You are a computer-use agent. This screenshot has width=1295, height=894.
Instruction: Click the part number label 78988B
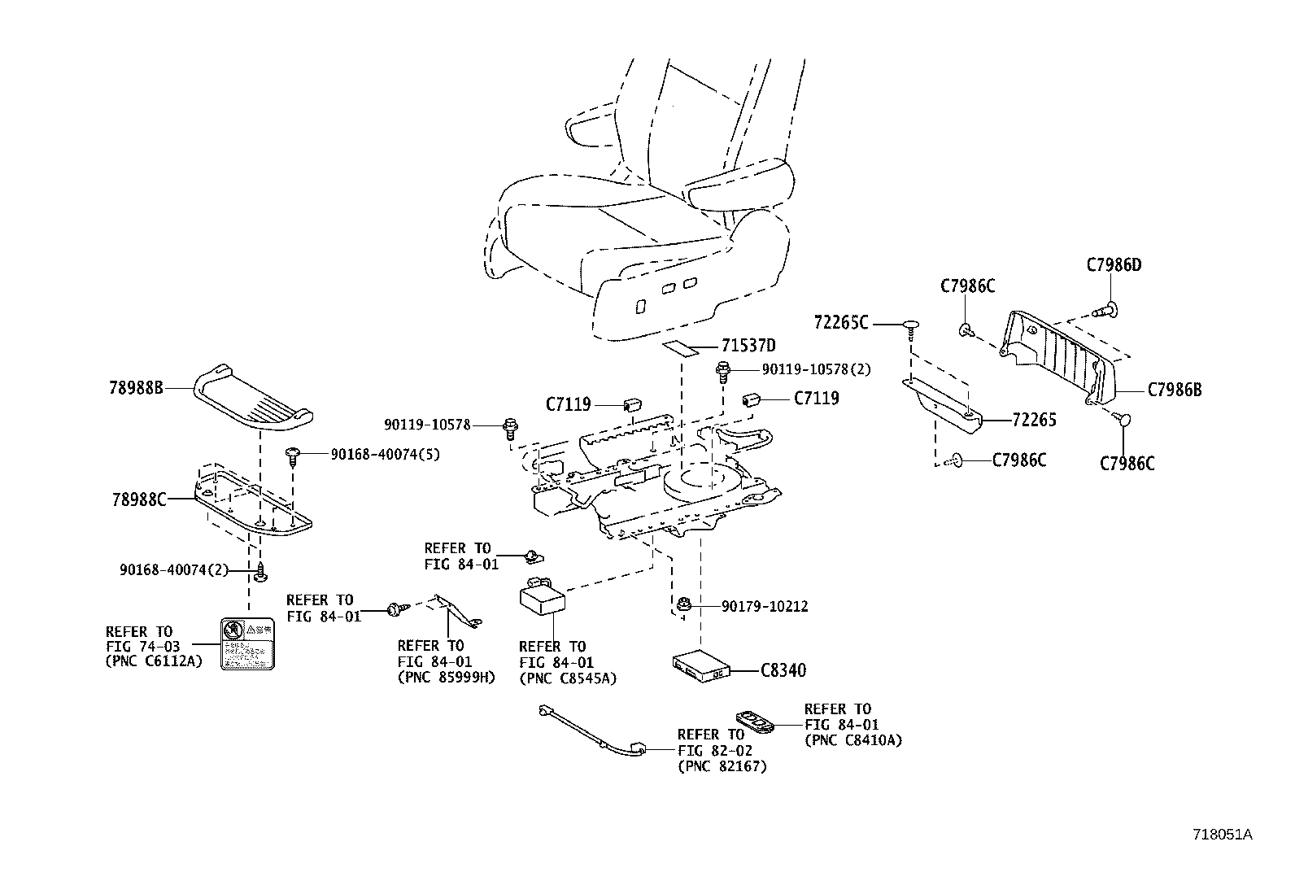coord(136,388)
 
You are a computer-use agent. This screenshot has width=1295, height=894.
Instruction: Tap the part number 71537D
coord(748,346)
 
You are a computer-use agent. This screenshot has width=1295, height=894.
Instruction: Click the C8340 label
coord(783,671)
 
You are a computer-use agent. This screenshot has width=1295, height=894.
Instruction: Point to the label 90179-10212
coord(765,606)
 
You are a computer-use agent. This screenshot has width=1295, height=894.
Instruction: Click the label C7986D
coord(1114,264)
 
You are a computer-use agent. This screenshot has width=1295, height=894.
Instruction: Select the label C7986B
coord(1174,390)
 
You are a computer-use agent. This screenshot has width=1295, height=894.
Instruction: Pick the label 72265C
coord(841,324)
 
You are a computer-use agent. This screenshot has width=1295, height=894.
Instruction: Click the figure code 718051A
coord(1222,835)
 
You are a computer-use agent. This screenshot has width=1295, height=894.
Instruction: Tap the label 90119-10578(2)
coord(816,369)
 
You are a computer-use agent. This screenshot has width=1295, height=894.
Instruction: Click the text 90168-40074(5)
coord(384,454)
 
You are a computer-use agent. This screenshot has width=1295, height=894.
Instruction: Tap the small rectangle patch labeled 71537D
coord(681,348)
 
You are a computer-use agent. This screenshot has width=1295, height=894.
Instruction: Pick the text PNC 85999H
coord(445,677)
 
